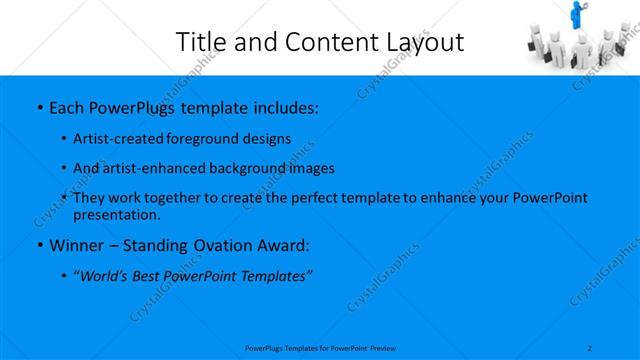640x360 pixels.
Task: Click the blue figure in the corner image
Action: tap(577, 14)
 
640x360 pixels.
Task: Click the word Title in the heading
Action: tap(200, 42)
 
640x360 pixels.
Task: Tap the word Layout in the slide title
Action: tap(427, 42)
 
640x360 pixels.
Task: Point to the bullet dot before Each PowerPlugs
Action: tap(39, 105)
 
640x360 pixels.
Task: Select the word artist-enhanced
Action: tap(152, 168)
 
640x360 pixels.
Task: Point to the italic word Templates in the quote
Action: tap(275, 276)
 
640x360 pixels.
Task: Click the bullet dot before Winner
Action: tap(39, 245)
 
